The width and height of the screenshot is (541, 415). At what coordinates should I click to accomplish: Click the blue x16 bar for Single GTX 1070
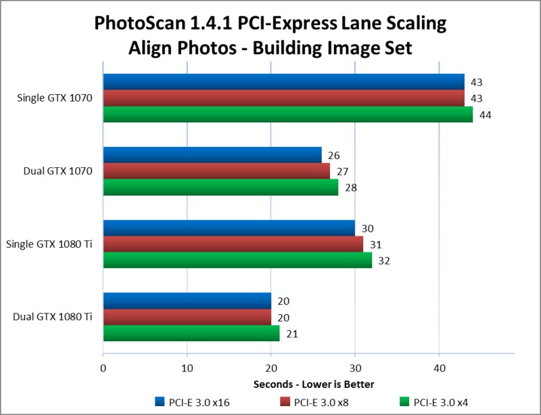click(284, 82)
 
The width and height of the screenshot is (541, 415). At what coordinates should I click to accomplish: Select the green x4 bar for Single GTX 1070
click(287, 114)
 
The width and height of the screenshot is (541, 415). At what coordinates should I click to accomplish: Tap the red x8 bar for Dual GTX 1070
click(216, 171)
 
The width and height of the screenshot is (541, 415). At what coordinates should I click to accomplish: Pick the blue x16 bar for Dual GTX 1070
click(212, 155)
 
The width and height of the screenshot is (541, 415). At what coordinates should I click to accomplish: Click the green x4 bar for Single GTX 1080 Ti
click(237, 261)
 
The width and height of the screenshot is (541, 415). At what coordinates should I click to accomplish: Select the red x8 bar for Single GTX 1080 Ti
click(233, 244)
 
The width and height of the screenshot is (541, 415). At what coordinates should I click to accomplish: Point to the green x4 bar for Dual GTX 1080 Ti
click(191, 334)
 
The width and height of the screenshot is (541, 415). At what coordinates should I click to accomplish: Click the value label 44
click(484, 115)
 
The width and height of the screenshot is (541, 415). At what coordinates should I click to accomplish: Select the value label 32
click(383, 261)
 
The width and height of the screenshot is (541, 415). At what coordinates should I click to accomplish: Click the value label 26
click(333, 156)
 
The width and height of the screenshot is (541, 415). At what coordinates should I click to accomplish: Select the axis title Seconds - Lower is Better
click(314, 385)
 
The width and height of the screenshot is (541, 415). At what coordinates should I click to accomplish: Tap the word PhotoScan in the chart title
click(143, 25)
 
